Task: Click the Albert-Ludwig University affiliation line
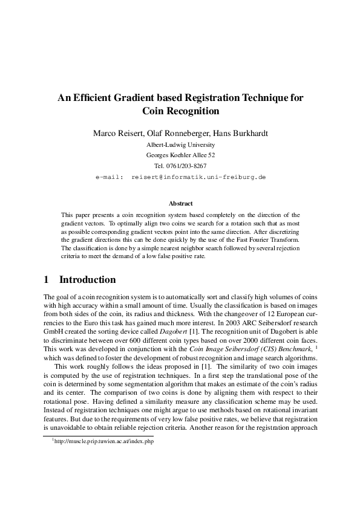point(180,145)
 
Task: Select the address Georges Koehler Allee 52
point(180,155)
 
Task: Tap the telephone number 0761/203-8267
point(187,166)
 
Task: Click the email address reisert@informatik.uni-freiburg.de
point(198,177)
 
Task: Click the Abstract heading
point(180,204)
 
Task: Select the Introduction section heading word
point(87,280)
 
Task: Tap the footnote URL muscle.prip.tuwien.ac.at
point(93,442)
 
